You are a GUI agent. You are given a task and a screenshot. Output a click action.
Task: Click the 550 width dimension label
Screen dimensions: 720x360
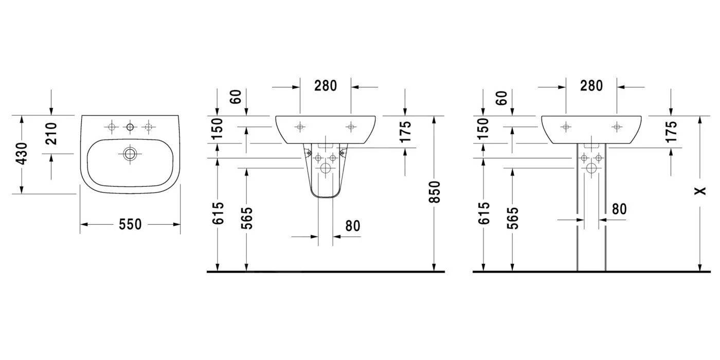pos(130,224)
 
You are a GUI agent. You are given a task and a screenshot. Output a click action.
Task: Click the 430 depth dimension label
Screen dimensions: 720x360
pos(22,154)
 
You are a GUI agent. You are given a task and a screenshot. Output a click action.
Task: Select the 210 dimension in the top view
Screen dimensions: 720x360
pos(51,134)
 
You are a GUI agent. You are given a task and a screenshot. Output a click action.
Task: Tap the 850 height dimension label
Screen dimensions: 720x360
pos(434,192)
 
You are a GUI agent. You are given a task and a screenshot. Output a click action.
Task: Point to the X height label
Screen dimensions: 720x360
pos(700,191)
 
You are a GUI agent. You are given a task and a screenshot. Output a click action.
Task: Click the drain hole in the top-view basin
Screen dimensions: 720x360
pos(130,154)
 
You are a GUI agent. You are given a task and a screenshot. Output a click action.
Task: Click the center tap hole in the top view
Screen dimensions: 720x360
pos(130,128)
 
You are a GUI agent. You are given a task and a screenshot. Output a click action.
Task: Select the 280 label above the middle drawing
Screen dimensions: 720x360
pos(326,86)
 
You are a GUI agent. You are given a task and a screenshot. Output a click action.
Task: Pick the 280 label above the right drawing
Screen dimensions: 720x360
pos(591,86)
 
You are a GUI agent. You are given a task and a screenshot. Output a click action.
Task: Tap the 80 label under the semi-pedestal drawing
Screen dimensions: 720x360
pos(353,226)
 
